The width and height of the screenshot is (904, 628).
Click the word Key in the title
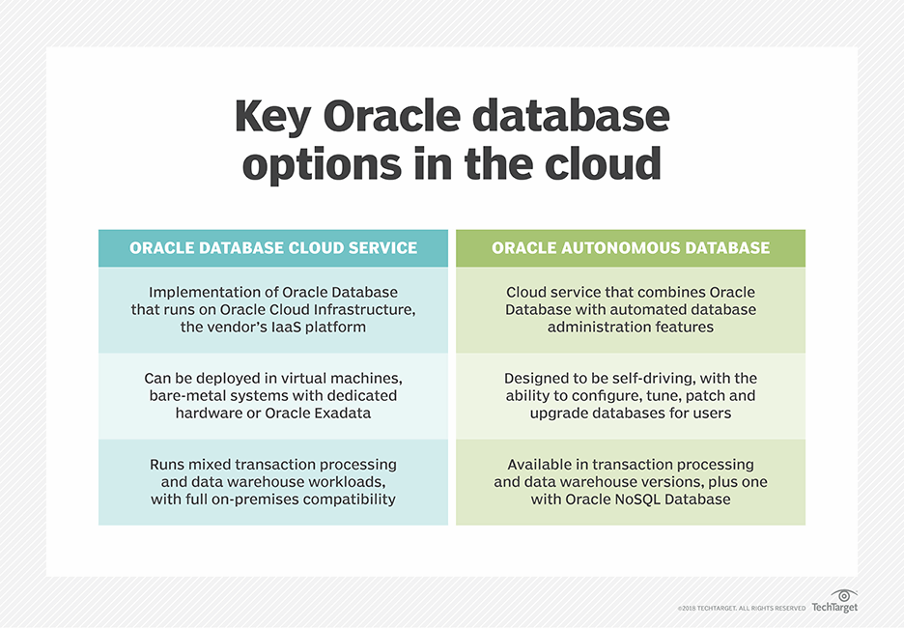tap(272, 118)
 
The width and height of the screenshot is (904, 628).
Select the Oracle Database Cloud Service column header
tap(273, 248)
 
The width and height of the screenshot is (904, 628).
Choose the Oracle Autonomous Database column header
tap(631, 248)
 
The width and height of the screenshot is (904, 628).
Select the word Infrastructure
tap(364, 310)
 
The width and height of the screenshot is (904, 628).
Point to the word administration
tap(595, 328)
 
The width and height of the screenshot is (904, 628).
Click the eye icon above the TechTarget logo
tap(843, 595)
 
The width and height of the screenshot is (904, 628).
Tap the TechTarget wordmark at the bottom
tap(833, 608)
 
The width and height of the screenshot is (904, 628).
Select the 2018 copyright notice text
tap(741, 609)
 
